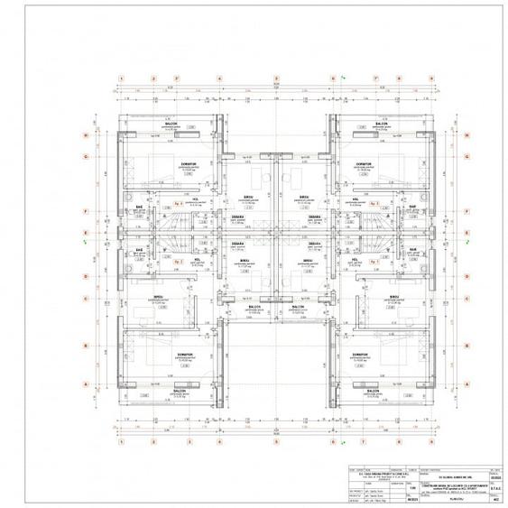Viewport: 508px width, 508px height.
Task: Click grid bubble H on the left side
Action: [86, 136]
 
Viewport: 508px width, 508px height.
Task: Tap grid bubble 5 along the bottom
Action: [272, 443]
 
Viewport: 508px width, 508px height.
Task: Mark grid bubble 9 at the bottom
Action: [425, 443]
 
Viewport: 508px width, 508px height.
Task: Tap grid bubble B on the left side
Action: [86, 344]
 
